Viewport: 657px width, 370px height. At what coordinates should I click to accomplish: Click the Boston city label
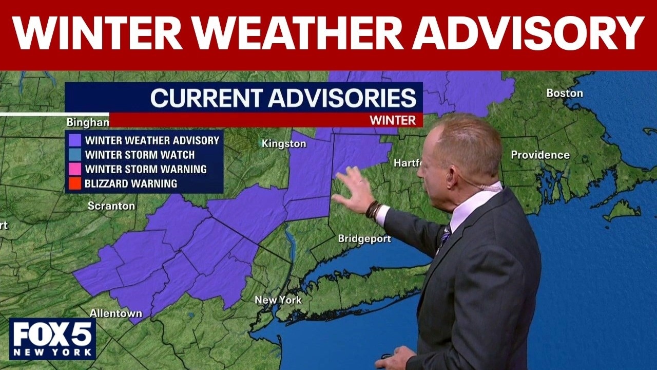pos(564,93)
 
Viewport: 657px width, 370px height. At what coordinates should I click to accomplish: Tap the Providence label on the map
pos(540,155)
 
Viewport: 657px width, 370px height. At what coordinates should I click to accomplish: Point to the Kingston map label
pos(284,144)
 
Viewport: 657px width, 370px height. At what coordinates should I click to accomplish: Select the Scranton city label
pos(111,206)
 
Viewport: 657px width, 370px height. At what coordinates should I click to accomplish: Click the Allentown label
pos(115,313)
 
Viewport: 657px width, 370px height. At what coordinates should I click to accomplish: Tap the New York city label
pos(278,300)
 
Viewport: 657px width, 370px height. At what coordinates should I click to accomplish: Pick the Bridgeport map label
pos(364,238)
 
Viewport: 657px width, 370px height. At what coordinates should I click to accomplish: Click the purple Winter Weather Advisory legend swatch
pos(75,140)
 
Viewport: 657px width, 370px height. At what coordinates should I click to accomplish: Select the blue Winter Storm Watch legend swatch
pos(75,155)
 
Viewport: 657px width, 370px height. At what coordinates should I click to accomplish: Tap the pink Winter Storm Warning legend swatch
pos(75,169)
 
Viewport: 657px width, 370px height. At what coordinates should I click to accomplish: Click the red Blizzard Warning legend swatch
pos(75,183)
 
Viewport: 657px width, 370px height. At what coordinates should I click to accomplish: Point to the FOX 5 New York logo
pos(52,339)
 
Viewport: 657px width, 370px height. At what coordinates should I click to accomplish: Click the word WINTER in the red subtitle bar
pos(393,120)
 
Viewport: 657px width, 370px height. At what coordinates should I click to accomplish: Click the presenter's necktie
pos(445,237)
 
